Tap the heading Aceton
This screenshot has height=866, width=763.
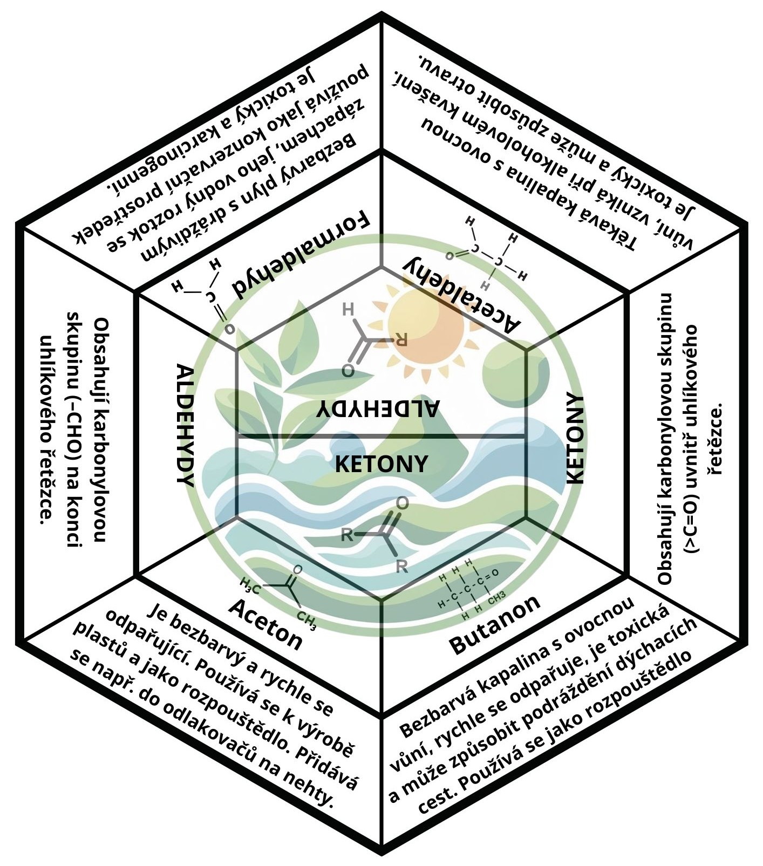click(x=265, y=624)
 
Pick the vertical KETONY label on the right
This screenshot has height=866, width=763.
click(x=575, y=439)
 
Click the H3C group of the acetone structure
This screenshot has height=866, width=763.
click(x=250, y=584)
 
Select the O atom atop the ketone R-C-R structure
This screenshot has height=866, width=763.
click(x=403, y=503)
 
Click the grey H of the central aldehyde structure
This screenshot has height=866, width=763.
click(x=348, y=310)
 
